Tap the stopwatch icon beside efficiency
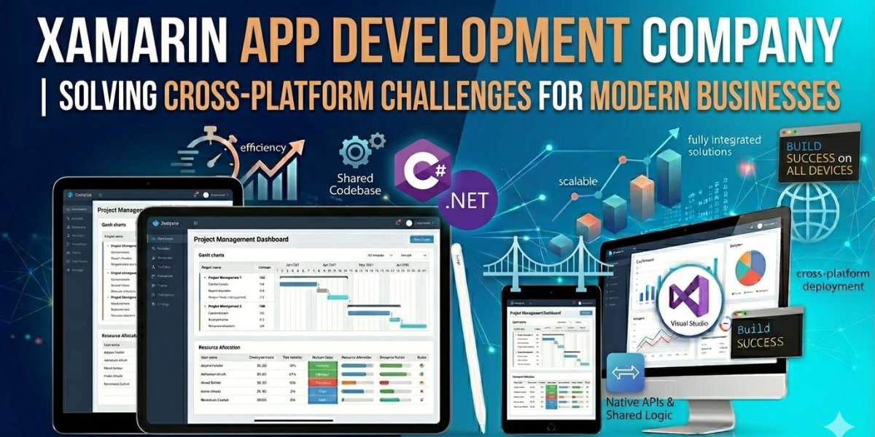coord(214,154)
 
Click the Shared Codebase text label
coord(355,184)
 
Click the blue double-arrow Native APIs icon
coord(625,372)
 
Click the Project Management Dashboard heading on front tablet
coord(241,239)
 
